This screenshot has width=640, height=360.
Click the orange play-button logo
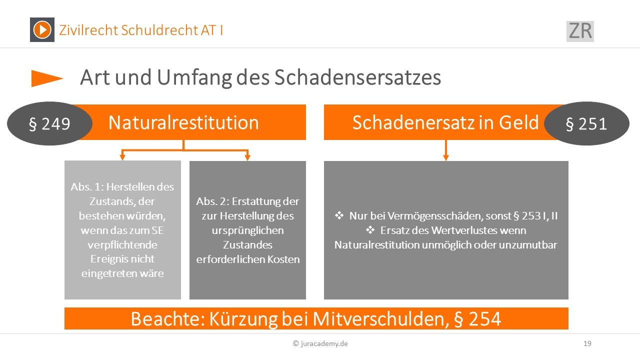tap(42, 29)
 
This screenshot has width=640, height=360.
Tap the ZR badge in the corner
tap(580, 31)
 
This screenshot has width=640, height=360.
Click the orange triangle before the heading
tap(47, 78)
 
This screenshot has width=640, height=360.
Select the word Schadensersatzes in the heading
tap(357, 77)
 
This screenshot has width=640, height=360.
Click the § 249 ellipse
tap(49, 123)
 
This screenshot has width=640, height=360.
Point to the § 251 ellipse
tap(586, 123)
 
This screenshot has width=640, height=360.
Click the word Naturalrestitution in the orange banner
tap(183, 123)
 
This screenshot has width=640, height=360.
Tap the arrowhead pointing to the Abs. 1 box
tap(122, 157)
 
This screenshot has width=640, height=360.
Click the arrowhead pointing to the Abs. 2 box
tap(247, 157)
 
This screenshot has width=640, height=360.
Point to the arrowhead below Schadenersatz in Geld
tap(445, 157)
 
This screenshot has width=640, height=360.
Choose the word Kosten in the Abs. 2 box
tap(283, 259)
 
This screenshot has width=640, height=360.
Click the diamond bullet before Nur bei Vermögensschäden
tap(339, 215)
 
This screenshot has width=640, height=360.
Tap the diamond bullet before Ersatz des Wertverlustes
tap(370, 229)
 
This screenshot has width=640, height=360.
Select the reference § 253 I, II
tap(535, 216)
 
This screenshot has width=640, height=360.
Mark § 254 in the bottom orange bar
tap(477, 319)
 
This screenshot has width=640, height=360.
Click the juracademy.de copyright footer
tap(320, 343)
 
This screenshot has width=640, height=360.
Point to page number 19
tap(587, 343)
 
